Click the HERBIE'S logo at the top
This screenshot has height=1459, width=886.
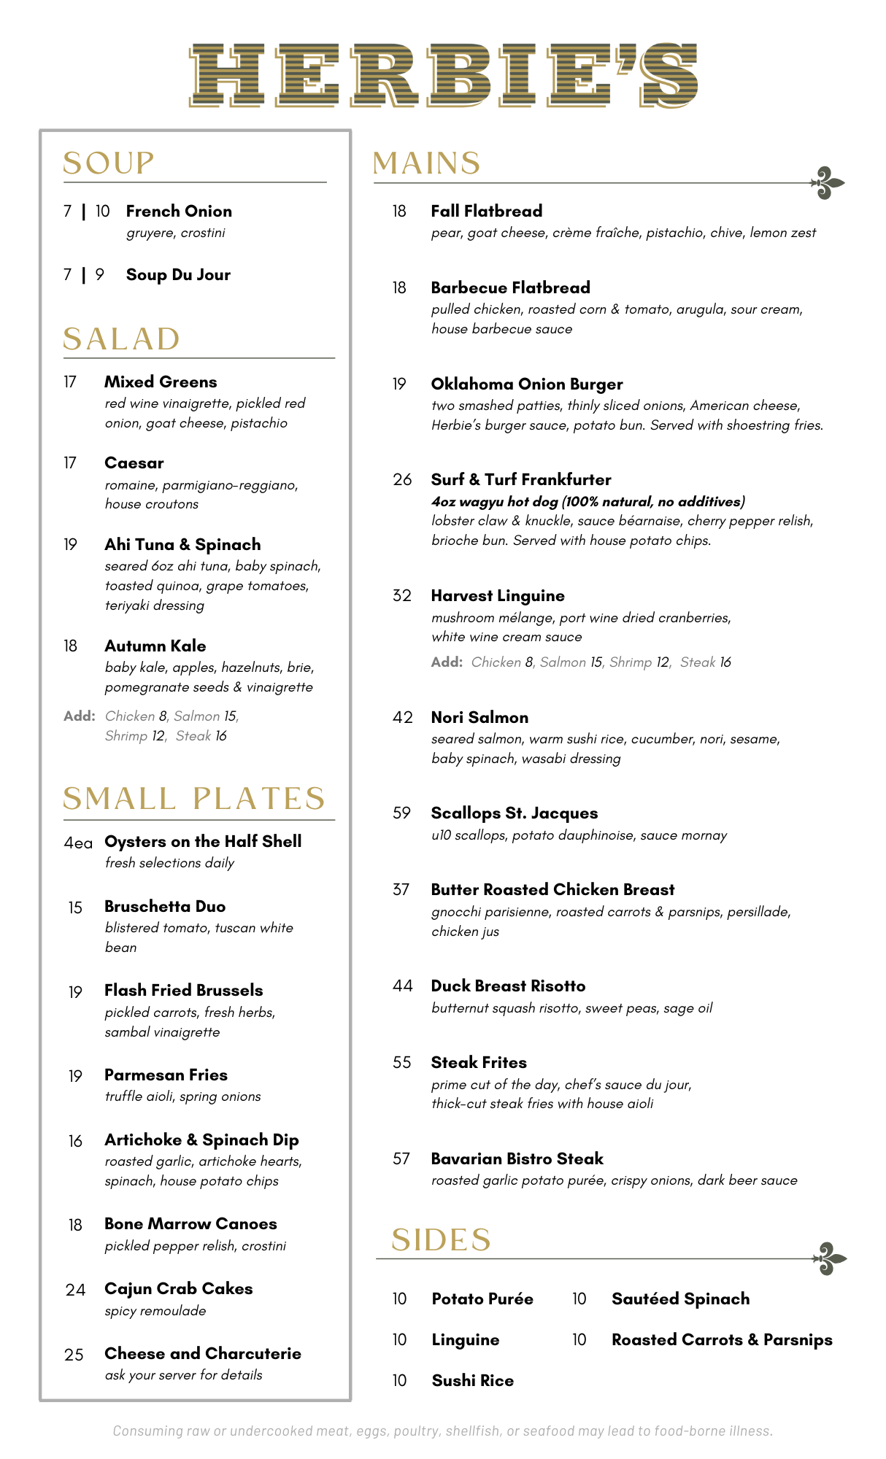click(443, 75)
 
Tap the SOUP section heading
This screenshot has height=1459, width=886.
click(109, 163)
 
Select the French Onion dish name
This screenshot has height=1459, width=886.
click(179, 212)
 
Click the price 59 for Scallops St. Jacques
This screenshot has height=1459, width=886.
click(401, 813)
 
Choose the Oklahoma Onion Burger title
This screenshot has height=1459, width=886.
click(527, 384)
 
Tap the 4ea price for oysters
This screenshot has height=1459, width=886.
click(78, 843)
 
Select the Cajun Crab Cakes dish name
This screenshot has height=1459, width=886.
click(179, 1288)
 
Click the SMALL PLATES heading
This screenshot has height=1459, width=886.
click(194, 798)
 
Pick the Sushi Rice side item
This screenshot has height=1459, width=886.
click(473, 1380)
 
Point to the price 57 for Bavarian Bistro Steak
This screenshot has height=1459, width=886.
click(401, 1158)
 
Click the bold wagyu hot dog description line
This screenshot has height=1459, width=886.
click(588, 501)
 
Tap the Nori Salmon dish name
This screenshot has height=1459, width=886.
click(479, 717)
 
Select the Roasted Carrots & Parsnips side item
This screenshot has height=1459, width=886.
click(722, 1339)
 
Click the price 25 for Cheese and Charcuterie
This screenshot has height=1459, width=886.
click(74, 1355)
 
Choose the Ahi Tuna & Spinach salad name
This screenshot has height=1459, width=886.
click(182, 544)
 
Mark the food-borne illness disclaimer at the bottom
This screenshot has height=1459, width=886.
click(442, 1431)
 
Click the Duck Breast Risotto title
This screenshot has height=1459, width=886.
click(508, 986)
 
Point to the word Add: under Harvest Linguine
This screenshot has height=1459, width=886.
click(447, 662)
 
